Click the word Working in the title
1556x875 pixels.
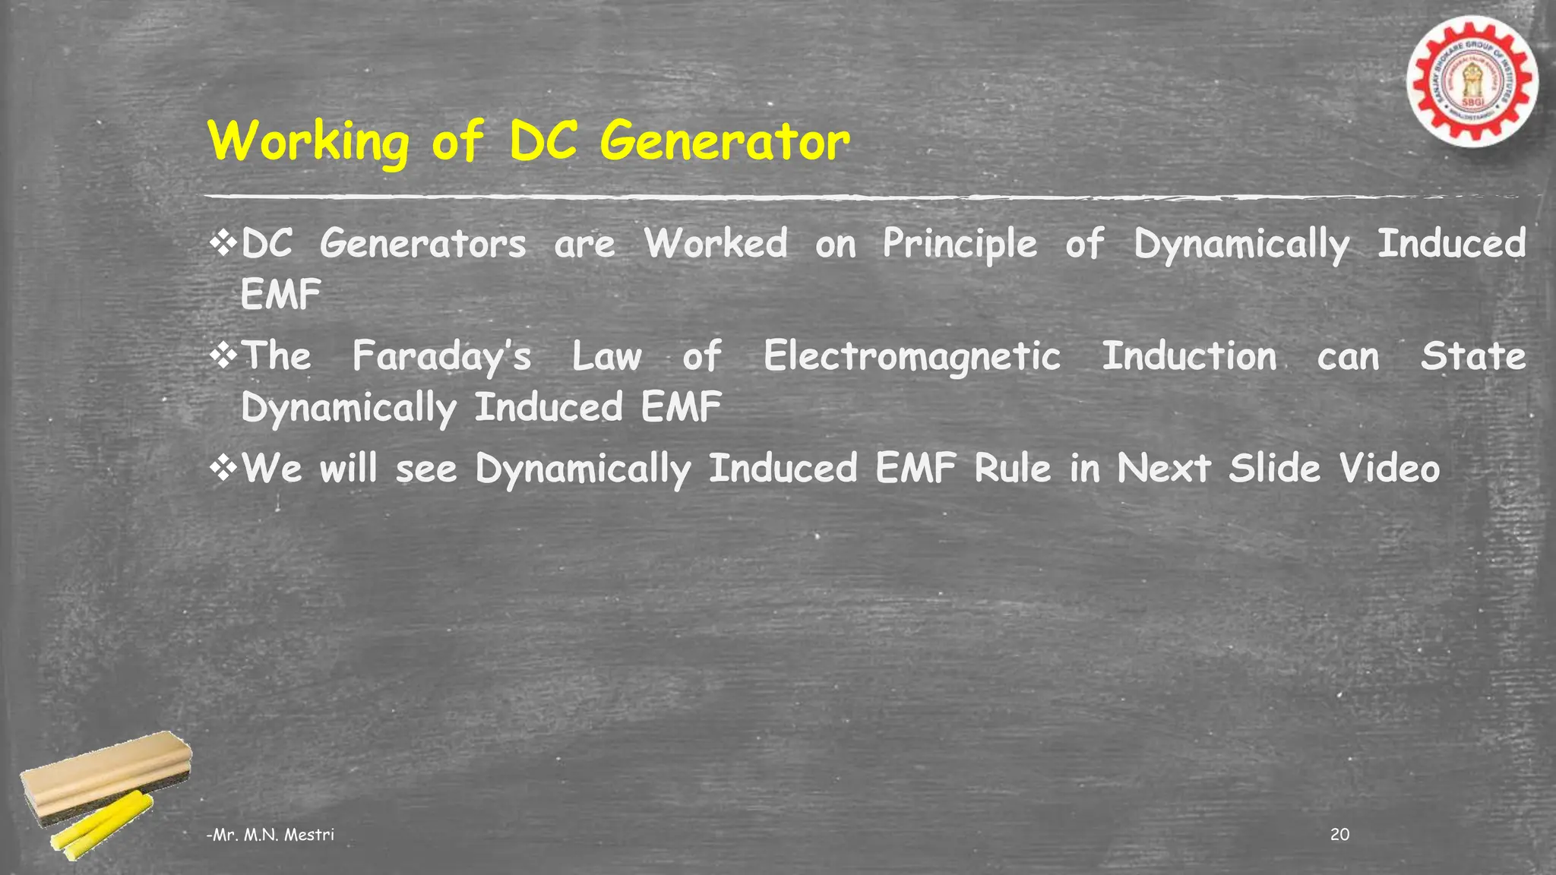(x=308, y=142)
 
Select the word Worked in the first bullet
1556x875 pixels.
(x=716, y=244)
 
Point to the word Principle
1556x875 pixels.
(x=960, y=245)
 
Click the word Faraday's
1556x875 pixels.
(x=441, y=356)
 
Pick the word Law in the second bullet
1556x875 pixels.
(x=606, y=355)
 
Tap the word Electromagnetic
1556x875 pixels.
(x=912, y=357)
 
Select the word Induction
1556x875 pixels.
(x=1189, y=355)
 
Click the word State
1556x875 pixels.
(x=1472, y=355)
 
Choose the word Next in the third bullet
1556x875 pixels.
(x=1163, y=468)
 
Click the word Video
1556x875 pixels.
(x=1389, y=468)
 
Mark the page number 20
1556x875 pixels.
(x=1340, y=835)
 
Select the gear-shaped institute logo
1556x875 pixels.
(x=1471, y=82)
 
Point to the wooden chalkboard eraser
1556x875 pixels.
(x=106, y=775)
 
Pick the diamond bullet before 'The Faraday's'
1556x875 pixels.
(x=223, y=355)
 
